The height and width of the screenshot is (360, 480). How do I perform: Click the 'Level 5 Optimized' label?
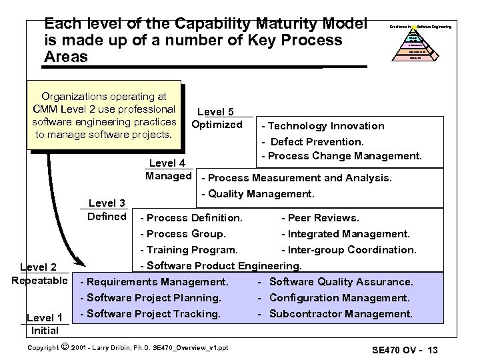[x=216, y=118]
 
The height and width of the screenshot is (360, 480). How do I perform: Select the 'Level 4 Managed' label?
[x=168, y=170]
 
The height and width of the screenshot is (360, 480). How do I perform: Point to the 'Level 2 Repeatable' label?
[x=39, y=273]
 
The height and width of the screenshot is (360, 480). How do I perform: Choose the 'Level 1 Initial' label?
[x=44, y=324]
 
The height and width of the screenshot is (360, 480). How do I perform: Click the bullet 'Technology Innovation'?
[x=325, y=125]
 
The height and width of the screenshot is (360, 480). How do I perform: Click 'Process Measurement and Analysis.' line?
[x=297, y=178]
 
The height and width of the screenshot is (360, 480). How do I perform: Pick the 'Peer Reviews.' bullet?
[x=320, y=218]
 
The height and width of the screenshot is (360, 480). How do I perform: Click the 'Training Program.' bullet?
[x=189, y=250]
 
